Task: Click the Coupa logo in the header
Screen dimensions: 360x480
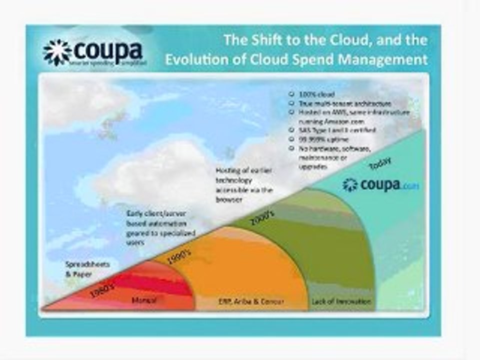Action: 95,52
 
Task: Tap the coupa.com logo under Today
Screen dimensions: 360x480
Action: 380,184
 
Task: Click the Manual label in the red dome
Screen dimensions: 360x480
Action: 143,301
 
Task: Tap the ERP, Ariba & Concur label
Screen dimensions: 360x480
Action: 251,301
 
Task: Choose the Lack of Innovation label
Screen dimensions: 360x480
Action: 341,301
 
